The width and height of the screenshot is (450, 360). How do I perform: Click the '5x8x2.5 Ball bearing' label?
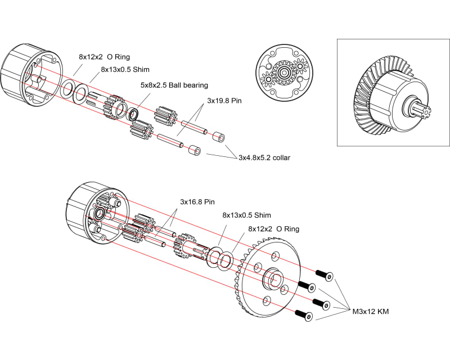[174, 85]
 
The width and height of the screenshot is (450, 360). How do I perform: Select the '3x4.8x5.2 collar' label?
[264, 158]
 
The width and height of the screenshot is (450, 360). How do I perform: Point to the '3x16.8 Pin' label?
[197, 201]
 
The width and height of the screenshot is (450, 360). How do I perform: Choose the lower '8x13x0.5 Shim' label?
[246, 215]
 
